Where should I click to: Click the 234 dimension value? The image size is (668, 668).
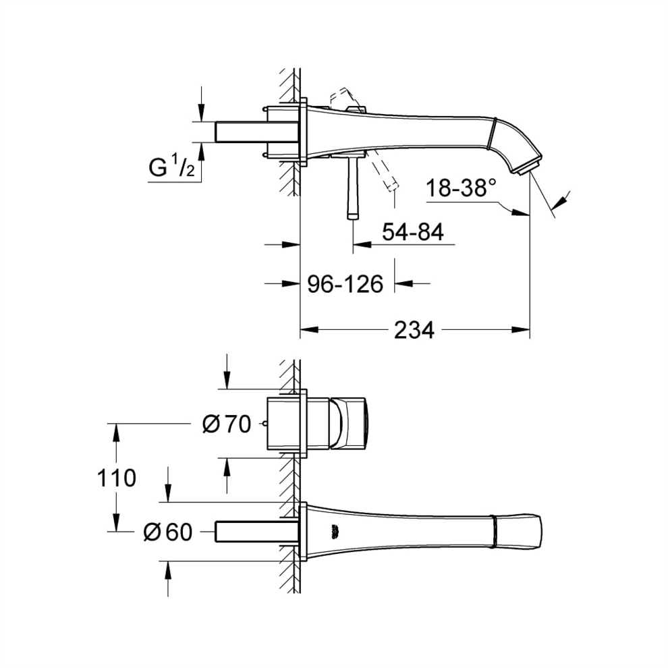tap(414, 330)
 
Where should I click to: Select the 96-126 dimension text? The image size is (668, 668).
tap(345, 284)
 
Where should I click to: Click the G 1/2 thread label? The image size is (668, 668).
tap(172, 168)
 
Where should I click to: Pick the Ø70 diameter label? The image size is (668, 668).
tap(227, 424)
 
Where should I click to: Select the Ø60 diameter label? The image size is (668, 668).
tap(168, 532)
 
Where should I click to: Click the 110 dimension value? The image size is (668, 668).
tap(115, 478)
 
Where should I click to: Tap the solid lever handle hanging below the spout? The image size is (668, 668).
tap(352, 189)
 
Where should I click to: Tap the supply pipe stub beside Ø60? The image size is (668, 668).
tap(256, 532)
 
